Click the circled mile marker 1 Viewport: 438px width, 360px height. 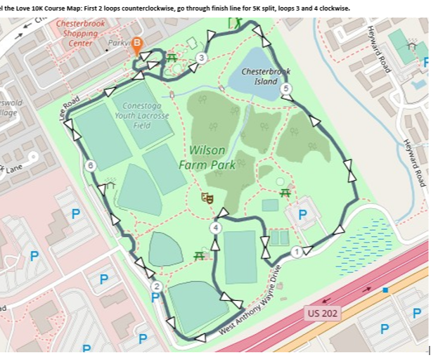point(297,252)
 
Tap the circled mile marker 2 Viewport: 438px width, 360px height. point(156,285)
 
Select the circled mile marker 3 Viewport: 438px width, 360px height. point(202,58)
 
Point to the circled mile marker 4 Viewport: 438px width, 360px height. point(216,228)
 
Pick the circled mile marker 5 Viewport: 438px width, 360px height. point(285,88)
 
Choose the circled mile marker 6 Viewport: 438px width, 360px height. point(90,165)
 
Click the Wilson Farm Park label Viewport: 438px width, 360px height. point(207,157)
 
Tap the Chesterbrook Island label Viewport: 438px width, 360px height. point(265,76)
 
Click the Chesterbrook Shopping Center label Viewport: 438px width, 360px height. point(80,33)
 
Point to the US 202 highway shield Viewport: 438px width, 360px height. point(323,311)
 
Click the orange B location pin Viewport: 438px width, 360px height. point(136,44)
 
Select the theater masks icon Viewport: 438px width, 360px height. point(207,199)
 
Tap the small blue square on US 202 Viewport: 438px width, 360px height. point(385,290)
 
